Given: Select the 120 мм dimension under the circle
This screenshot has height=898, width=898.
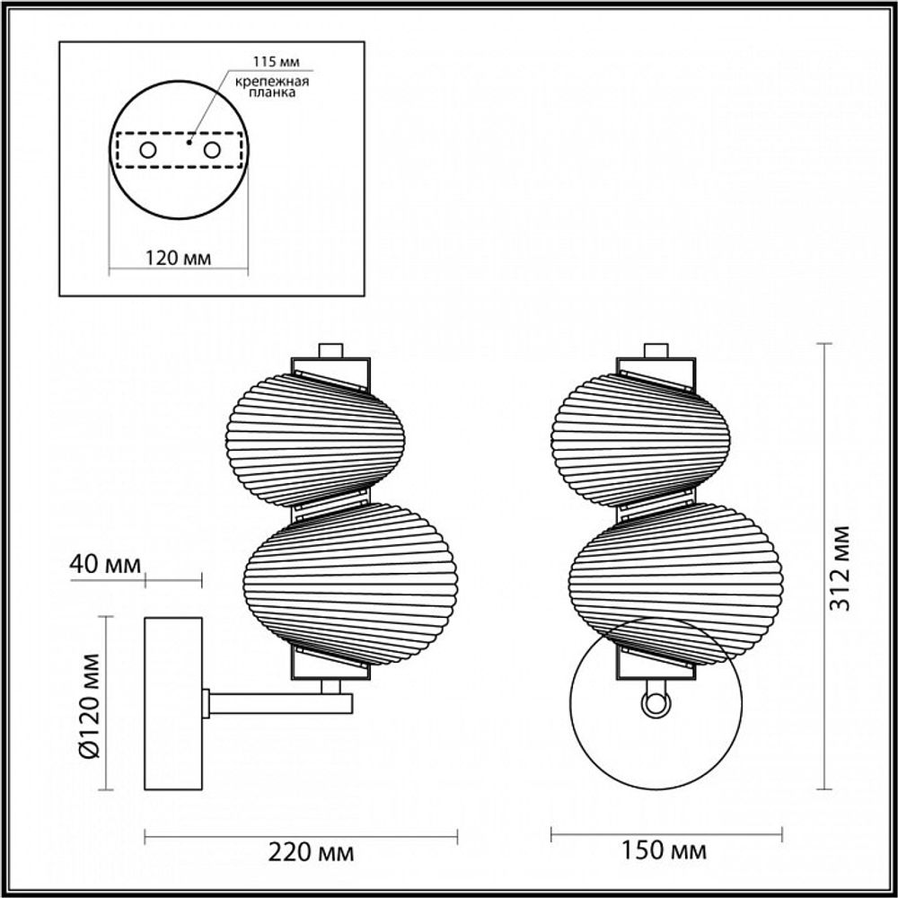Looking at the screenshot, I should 178,259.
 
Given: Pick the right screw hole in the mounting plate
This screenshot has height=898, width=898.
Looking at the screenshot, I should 212,150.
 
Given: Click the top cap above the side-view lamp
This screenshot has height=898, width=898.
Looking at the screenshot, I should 331,349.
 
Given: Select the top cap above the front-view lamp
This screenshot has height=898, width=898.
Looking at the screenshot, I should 657,349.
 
